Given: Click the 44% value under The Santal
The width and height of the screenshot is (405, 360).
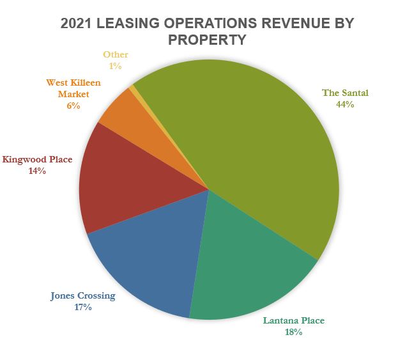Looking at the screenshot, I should tap(345, 104).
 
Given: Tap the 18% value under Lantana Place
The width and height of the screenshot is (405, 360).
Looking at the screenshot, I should tap(293, 332).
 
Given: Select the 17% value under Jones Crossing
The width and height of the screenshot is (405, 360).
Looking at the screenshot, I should tap(83, 307).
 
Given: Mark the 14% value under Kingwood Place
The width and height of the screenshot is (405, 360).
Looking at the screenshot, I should tap(37, 171).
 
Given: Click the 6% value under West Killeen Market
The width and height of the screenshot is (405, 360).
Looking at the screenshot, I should tap(73, 106).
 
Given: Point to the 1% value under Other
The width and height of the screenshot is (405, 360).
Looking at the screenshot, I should tap(115, 65).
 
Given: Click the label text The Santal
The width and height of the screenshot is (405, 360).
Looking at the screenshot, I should tap(345, 93).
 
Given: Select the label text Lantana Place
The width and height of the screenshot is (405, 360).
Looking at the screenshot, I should tap(293, 320).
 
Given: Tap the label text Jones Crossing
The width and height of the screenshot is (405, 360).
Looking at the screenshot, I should tap(83, 295).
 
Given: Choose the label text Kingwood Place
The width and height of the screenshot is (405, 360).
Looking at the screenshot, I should tap(37, 159).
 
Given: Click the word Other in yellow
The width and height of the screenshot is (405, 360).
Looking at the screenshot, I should tap(116, 54).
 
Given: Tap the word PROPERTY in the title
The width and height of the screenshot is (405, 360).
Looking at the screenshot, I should tap(207, 40).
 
